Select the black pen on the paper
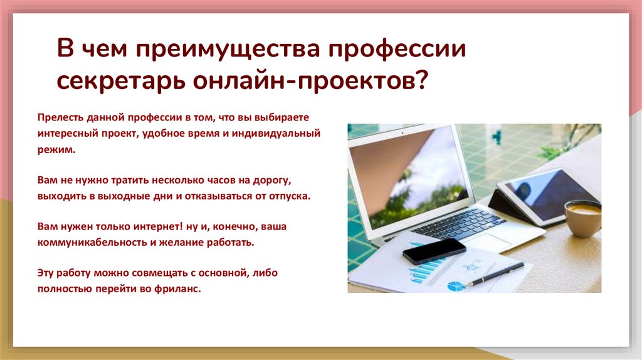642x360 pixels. pyautogui.click(x=495, y=274)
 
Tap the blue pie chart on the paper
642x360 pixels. pyautogui.click(x=455, y=285)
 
